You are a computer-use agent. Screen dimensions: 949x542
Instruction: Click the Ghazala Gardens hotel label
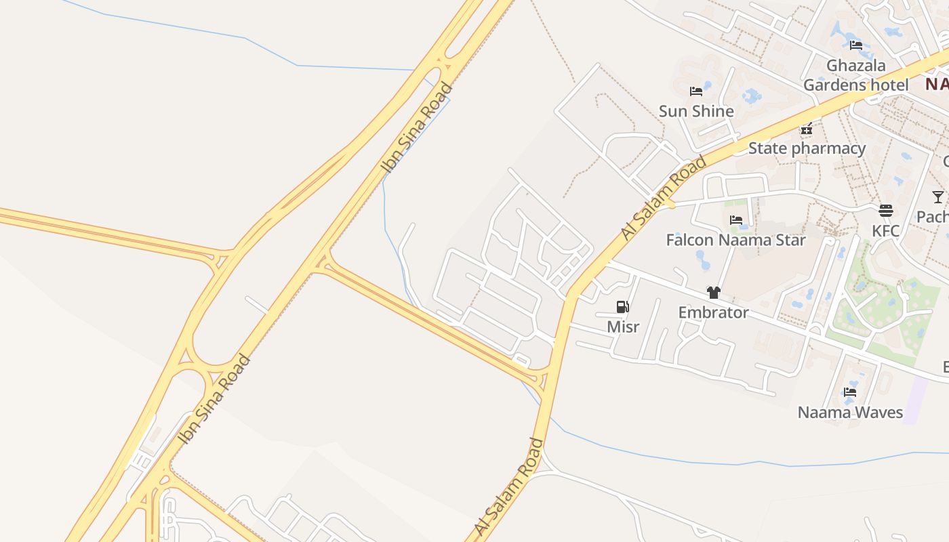click(x=855, y=75)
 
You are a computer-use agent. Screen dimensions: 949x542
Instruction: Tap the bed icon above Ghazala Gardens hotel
click(x=856, y=45)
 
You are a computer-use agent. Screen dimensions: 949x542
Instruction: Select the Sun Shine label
click(x=696, y=111)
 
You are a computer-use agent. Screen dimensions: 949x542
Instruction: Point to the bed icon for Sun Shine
click(x=696, y=91)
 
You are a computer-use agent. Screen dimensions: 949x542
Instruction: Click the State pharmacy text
click(x=807, y=148)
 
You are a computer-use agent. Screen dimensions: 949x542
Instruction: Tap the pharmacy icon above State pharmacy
click(x=806, y=128)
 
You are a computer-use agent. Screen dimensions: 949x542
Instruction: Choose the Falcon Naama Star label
click(x=735, y=240)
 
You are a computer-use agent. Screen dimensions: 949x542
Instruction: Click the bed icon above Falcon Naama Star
click(x=736, y=220)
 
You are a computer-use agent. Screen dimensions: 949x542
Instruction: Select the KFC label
click(x=885, y=231)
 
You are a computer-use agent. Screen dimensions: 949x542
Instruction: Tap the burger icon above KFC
click(x=885, y=211)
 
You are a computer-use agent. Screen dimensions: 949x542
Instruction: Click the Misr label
click(x=623, y=327)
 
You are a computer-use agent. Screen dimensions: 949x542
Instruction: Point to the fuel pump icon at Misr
click(x=623, y=307)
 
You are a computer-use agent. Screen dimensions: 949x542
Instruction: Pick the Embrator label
click(x=713, y=312)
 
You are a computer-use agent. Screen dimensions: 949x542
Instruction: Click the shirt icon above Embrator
click(x=713, y=293)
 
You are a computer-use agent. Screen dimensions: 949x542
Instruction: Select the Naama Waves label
click(x=850, y=412)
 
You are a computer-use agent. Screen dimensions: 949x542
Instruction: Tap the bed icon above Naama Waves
click(x=850, y=392)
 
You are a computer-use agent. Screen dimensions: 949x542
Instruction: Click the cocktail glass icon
click(x=938, y=197)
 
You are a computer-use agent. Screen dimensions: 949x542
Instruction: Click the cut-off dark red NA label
click(x=937, y=84)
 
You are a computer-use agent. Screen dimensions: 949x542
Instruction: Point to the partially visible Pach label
click(x=933, y=217)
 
